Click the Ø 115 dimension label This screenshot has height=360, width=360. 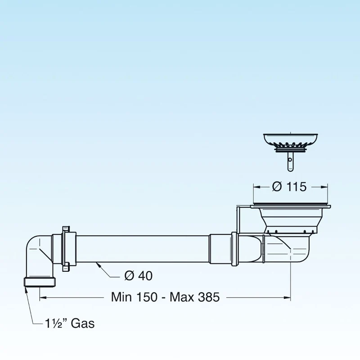coord(289,187)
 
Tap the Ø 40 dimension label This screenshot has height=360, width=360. coord(139,275)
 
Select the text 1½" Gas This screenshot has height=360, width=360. coord(70,324)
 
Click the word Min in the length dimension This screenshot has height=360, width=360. coord(121,297)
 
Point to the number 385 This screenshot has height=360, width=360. coord(209,297)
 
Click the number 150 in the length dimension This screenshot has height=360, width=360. coord(147,297)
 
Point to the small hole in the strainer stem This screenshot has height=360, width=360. coord(290,160)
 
